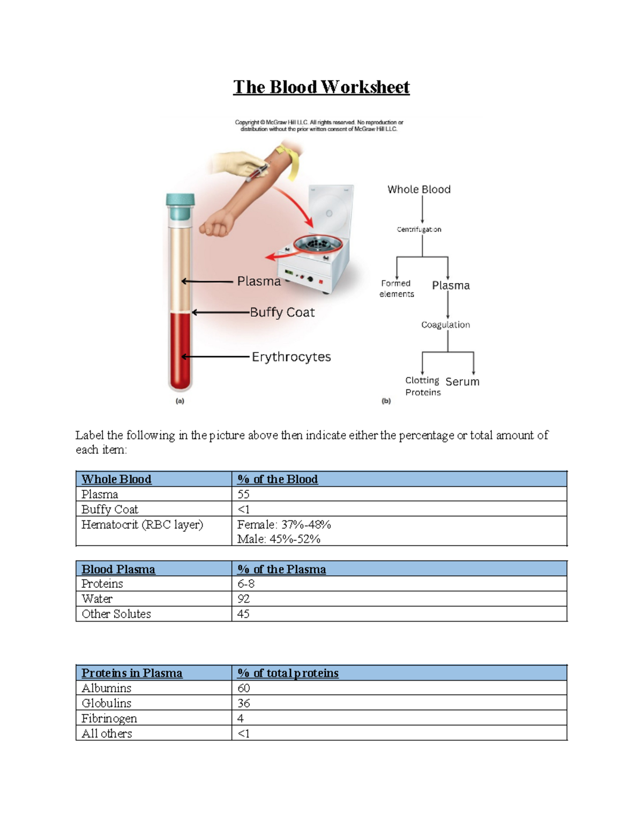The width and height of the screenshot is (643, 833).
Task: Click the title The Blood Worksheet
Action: (321, 87)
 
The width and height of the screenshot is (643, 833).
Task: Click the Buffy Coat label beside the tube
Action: (282, 312)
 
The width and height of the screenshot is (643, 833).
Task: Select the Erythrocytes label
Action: (291, 357)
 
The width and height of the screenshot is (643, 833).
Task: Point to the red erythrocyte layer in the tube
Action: (180, 349)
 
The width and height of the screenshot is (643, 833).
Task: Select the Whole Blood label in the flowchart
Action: (419, 189)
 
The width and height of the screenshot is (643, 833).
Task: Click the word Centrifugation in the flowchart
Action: (419, 229)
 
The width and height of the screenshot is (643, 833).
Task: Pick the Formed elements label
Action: (397, 289)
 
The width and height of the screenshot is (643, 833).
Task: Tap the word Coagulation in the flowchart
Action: (445, 325)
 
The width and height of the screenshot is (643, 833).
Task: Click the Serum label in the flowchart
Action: (462, 382)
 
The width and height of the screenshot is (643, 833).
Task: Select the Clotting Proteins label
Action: (423, 386)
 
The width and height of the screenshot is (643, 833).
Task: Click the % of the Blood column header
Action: (278, 479)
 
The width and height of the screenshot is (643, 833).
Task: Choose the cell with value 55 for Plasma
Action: (244, 494)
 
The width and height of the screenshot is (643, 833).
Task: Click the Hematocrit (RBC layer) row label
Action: (142, 525)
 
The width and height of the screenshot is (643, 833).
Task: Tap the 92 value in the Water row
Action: (244, 599)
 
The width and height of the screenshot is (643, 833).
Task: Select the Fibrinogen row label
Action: (109, 718)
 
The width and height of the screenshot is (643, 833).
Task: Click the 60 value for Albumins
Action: (244, 688)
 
